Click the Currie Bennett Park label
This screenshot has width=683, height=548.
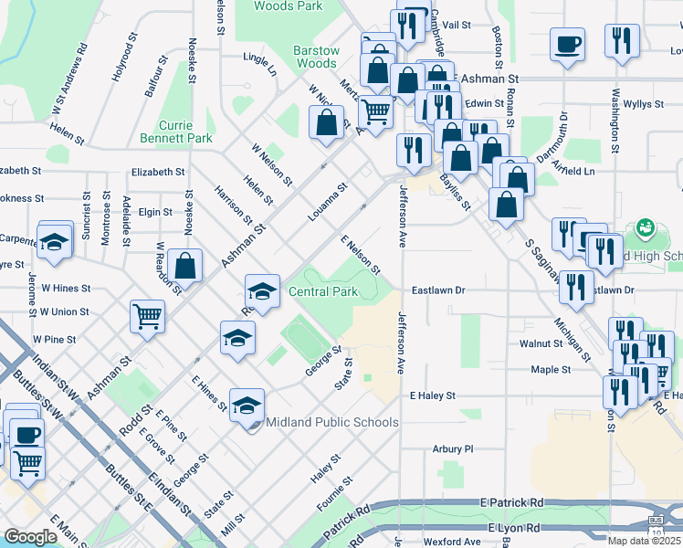click(x=175, y=132)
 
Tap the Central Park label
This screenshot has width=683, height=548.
click(x=322, y=291)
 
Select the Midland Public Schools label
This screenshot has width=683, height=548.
click(x=331, y=422)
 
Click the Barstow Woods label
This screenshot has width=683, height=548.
click(x=316, y=57)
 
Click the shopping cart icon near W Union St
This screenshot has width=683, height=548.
click(x=147, y=316)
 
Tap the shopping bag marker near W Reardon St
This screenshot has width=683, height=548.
click(x=185, y=267)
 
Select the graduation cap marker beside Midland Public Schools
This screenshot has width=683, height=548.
click(x=247, y=403)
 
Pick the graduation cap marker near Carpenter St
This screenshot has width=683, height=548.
click(x=55, y=242)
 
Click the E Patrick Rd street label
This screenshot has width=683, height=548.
click(x=511, y=502)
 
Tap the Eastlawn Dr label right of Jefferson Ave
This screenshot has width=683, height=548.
click(x=438, y=290)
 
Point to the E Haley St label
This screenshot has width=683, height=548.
click(x=432, y=396)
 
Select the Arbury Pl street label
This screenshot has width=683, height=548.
click(x=453, y=449)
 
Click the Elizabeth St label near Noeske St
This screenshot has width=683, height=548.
click(x=158, y=172)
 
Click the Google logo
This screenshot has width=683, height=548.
click(x=30, y=537)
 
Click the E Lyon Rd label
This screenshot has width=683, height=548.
click(x=514, y=529)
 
